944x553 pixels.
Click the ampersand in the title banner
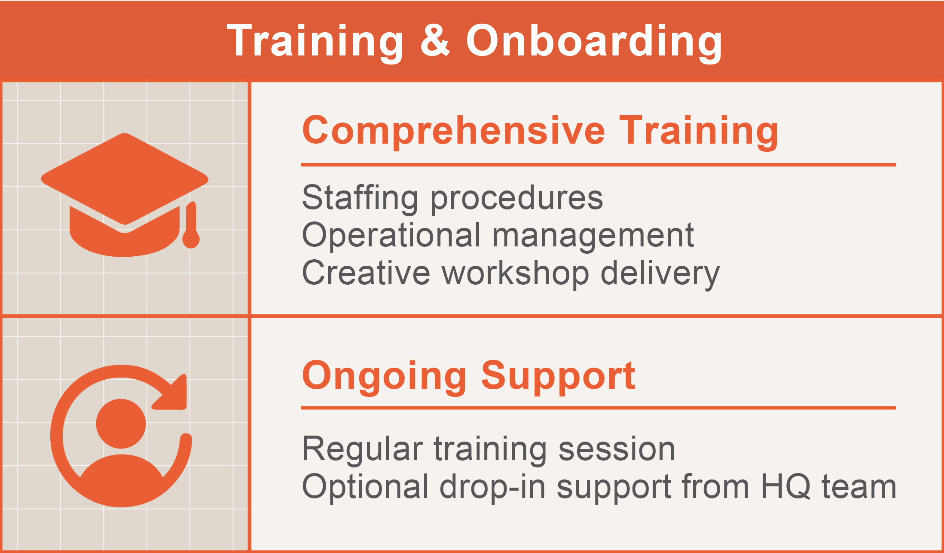(435, 40)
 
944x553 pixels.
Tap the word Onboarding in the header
(594, 42)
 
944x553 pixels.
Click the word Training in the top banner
(315, 42)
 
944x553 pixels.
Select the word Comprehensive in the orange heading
(453, 132)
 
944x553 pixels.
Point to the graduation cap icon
(125, 195)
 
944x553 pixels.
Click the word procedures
(516, 199)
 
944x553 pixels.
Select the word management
(593, 236)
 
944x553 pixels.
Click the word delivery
(660, 273)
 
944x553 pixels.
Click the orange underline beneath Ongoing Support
(598, 408)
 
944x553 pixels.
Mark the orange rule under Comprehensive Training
(598, 165)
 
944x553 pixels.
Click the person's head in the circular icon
(121, 424)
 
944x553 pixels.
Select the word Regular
(363, 450)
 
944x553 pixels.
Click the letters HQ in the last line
(785, 487)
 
